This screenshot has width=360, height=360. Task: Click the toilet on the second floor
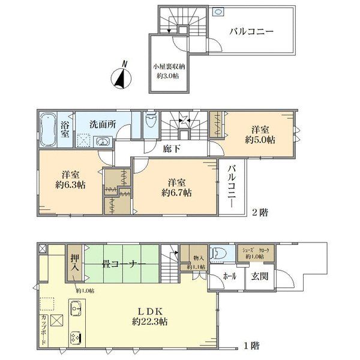(x=151, y=124)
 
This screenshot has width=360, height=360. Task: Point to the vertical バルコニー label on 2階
(x=230, y=187)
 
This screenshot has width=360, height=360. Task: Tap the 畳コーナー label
(x=121, y=263)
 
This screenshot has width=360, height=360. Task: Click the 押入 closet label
(x=74, y=263)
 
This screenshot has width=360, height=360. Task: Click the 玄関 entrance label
(x=260, y=276)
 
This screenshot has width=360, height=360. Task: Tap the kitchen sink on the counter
(x=75, y=310)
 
